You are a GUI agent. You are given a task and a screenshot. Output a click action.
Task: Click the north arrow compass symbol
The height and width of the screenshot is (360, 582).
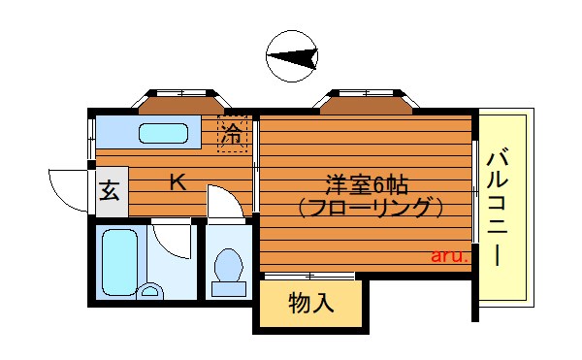point(292,57)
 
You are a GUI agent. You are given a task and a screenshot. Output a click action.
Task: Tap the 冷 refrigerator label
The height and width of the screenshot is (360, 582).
point(232,136)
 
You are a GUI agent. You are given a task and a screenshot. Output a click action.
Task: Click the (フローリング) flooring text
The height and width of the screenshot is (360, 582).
point(370,207)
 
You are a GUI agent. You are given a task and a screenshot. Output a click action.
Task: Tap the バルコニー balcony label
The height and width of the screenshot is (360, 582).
point(501,206)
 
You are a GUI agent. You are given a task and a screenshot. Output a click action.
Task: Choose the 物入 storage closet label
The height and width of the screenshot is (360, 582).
point(311,303)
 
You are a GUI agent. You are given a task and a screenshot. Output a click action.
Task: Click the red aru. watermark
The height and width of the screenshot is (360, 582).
point(449,257)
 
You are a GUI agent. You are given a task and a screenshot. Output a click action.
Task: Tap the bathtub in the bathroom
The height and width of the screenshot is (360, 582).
point(120,257)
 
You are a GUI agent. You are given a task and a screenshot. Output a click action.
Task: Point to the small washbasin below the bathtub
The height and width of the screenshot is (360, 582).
point(150,289)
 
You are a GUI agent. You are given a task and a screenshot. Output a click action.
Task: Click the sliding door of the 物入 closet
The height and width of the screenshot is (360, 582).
point(309,277)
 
